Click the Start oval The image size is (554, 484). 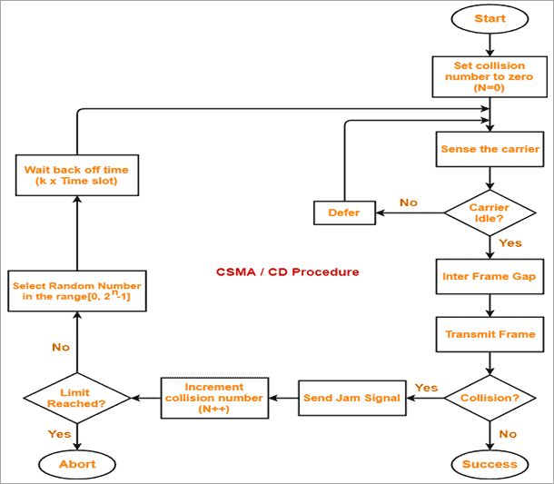[490, 18]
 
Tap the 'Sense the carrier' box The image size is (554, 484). [490, 149]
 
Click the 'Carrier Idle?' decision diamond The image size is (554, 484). [490, 213]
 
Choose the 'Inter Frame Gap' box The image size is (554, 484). [490, 276]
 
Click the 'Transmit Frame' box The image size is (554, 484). [490, 334]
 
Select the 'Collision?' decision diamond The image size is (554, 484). [490, 398]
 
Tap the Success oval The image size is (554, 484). [490, 464]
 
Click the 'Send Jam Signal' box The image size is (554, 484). [352, 398]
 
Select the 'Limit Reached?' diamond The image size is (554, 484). [76, 398]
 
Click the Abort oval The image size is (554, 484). [76, 464]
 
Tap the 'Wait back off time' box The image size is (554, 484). [76, 175]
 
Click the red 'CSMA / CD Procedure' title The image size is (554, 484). [287, 272]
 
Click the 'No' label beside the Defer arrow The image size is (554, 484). [409, 202]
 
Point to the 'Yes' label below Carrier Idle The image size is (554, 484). [511, 243]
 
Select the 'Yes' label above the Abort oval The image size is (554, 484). [59, 434]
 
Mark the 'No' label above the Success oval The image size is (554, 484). [508, 434]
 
